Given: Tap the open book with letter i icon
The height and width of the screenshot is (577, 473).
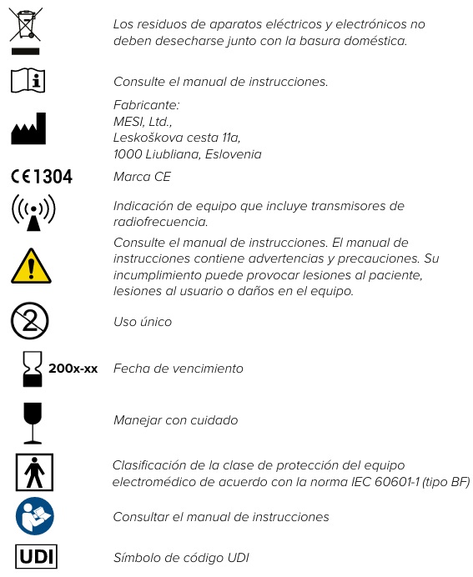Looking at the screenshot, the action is (28, 81).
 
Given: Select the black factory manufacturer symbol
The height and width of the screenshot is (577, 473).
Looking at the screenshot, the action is (28, 129).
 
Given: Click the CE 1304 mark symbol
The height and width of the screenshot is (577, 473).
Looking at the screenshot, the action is (42, 176).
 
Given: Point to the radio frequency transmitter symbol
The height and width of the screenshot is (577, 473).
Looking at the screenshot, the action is (33, 213).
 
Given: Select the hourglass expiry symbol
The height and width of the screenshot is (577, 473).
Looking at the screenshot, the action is (31, 369).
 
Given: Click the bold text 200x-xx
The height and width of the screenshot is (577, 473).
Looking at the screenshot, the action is (73, 368).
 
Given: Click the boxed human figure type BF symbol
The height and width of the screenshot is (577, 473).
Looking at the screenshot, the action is (34, 474).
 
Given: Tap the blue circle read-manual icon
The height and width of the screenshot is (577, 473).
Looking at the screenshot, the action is (33, 517).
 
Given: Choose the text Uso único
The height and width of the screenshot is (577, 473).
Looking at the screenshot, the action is (143, 322).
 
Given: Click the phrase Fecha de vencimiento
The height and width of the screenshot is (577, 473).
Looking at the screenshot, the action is (179, 369).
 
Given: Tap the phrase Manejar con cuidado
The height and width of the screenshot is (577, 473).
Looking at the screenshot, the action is (175, 420).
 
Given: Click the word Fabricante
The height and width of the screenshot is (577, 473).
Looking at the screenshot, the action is (146, 104).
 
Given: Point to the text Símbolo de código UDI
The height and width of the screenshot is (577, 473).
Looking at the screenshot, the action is (181, 558).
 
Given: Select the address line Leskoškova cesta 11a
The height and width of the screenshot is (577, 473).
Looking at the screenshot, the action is (177, 138).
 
